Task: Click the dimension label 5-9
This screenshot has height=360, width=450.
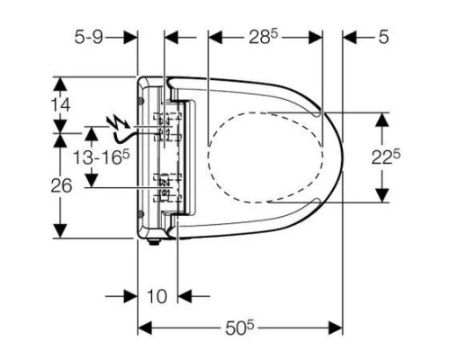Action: click(x=89, y=38)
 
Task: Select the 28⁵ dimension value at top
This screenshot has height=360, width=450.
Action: click(x=263, y=38)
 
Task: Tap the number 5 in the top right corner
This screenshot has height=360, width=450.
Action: click(x=383, y=38)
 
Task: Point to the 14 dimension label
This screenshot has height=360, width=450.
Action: click(x=60, y=105)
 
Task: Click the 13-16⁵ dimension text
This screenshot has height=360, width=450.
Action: click(x=101, y=157)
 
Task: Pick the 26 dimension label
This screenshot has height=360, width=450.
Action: click(x=61, y=185)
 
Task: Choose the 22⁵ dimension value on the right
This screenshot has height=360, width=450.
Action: click(x=386, y=157)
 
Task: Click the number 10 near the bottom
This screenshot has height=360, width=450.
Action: click(x=157, y=296)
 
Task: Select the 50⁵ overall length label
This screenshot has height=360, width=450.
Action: click(x=239, y=328)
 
